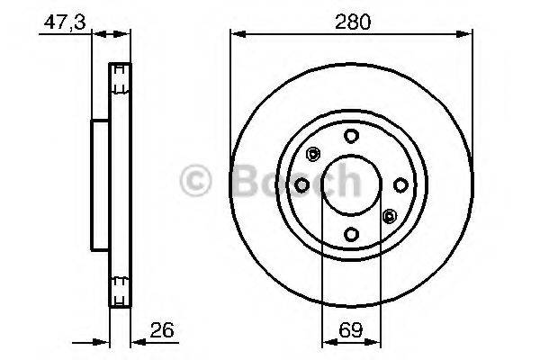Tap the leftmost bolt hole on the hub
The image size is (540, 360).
click(302, 184)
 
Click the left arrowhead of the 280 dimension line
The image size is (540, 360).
click(237, 34)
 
